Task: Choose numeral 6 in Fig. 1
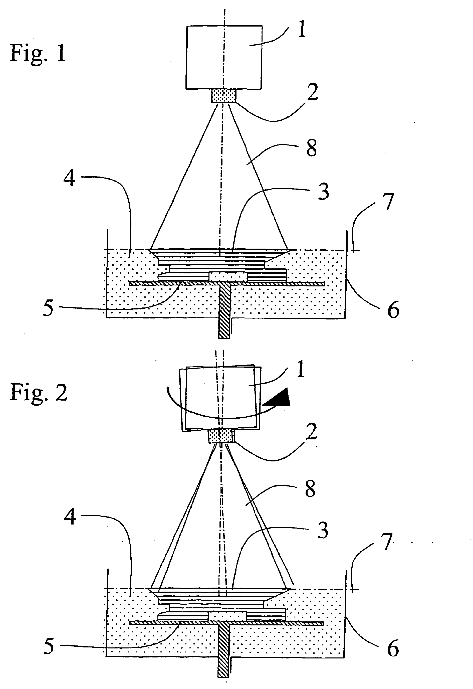pos(393,309)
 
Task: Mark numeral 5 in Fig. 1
pos(48,308)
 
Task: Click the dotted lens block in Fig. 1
pos(224,96)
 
